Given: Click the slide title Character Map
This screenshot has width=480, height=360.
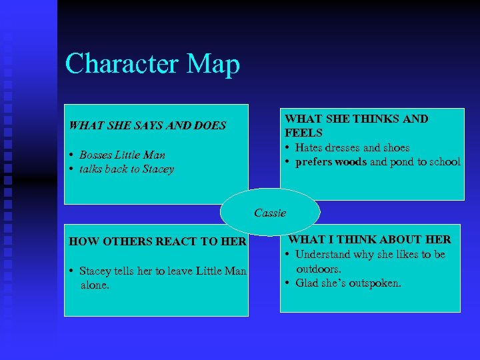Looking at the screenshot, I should (x=152, y=65).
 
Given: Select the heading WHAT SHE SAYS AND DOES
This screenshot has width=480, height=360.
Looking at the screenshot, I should (x=147, y=125).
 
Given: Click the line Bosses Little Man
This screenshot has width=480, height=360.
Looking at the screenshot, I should (x=122, y=155).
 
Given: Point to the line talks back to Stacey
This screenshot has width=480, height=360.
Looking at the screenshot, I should (x=126, y=169).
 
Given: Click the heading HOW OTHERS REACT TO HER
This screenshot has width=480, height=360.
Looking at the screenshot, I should (x=158, y=242).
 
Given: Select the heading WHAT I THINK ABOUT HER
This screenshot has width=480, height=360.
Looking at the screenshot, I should (x=369, y=239).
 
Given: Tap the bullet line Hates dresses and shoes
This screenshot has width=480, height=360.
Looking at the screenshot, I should (x=352, y=147).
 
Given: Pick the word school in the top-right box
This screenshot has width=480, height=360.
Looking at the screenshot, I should (x=445, y=162).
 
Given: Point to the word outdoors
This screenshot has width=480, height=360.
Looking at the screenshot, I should (x=319, y=269).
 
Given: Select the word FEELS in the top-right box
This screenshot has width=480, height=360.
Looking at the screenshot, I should (x=303, y=133).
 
